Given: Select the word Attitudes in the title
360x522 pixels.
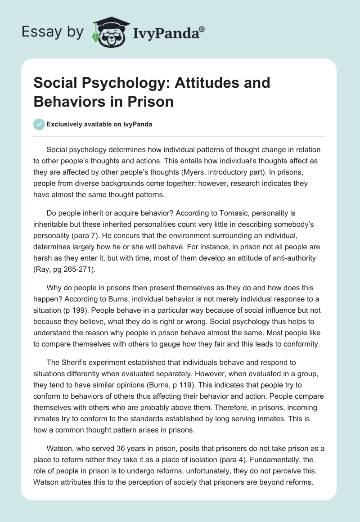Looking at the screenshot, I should (x=196, y=83).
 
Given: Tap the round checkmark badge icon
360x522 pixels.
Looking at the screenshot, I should (x=39, y=124).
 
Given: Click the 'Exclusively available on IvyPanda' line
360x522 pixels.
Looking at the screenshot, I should (x=99, y=125).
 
